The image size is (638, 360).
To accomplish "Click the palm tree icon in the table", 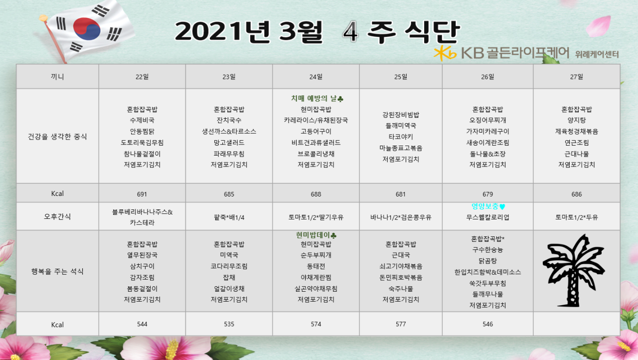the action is coord(573,271).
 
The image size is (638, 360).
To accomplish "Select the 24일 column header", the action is coord(316,77).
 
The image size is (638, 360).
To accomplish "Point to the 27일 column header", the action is coord(577,77).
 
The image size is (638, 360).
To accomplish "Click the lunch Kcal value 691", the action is coord(142,194).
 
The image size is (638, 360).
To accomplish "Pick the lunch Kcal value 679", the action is coord(487,194).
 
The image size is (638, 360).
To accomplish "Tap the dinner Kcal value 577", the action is coord(400,324).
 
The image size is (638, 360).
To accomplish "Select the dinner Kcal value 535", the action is coord(229,324).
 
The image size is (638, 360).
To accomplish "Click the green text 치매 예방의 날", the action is coord(314,99).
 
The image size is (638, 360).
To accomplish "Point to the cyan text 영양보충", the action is coord(485,206).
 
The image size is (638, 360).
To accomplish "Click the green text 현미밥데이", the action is coord(313,235).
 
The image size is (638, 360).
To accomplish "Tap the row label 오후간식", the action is coord(57,217).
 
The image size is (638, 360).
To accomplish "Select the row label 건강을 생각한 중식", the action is coord(57,137).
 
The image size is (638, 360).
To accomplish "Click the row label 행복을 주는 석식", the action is coord(57,271).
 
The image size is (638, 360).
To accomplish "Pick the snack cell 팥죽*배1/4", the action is coord(229,217).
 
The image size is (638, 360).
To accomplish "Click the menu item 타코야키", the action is coord(401,137).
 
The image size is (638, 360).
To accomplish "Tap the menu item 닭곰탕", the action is coord(487,261).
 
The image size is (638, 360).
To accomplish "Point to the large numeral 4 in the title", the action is coord(350,31).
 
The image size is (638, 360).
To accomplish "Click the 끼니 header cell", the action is coord(57,77).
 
